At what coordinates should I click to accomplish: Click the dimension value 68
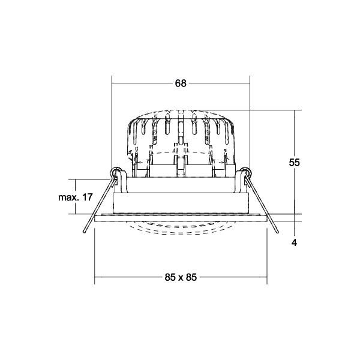click(x=181, y=83)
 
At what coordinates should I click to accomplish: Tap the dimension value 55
click(x=294, y=163)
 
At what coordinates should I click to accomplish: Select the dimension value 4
click(x=294, y=242)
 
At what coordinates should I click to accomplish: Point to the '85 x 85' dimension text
click(x=181, y=277)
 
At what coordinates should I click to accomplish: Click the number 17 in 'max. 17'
click(x=87, y=197)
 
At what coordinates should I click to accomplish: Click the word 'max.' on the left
click(x=68, y=197)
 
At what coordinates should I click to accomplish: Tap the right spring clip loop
click(x=245, y=172)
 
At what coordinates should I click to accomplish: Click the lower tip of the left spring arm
click(x=84, y=232)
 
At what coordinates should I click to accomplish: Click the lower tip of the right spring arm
click(x=277, y=232)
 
